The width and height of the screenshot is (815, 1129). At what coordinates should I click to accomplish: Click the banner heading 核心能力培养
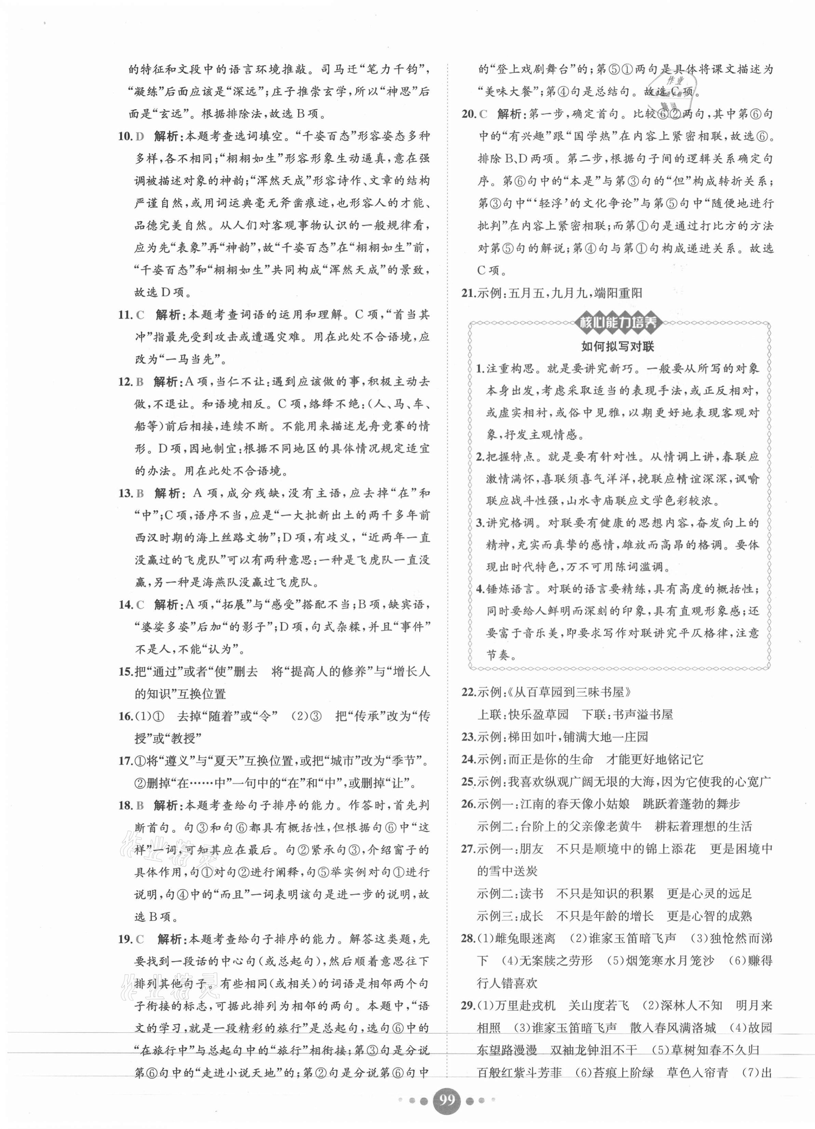coord(617,323)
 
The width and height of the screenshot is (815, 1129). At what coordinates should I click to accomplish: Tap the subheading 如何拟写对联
coord(617,347)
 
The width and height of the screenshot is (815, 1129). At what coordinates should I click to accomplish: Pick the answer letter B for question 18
coord(139,805)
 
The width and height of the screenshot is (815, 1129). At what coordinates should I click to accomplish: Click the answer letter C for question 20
coord(483,114)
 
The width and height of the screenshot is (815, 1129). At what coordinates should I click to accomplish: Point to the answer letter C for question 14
coord(139,605)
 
